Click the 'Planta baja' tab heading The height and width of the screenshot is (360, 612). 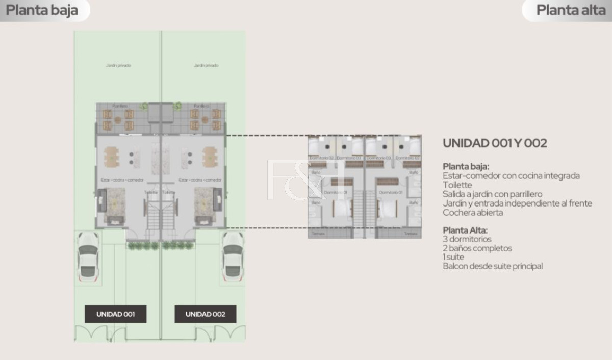point(42,10)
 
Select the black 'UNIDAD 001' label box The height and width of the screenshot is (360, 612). point(115,314)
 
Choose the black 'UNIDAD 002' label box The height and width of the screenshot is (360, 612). point(205,314)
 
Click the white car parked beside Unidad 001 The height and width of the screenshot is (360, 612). point(87,255)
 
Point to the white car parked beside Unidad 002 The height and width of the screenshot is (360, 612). point(233,255)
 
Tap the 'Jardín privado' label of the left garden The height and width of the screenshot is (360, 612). point(118,65)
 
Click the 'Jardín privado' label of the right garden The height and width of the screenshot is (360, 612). point(206,65)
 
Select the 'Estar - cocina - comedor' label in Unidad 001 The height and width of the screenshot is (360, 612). point(122,180)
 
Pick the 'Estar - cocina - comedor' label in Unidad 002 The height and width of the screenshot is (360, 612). point(200,180)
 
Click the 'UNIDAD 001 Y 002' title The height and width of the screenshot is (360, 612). point(495,143)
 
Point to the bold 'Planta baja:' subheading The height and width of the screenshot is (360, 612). point(466,166)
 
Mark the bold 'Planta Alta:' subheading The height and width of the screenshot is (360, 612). point(465,230)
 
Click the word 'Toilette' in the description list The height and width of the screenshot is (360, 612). point(457,185)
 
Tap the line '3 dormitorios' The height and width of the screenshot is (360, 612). point(467,239)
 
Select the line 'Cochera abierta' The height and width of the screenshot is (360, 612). point(473,213)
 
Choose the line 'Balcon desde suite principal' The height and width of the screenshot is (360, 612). point(493,266)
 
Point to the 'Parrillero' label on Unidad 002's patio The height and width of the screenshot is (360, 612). point(202,106)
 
